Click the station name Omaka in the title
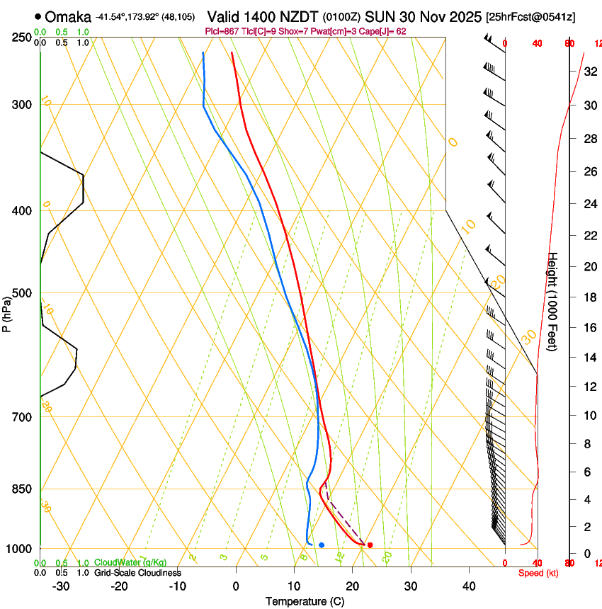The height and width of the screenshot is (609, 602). pyautogui.click(x=69, y=16)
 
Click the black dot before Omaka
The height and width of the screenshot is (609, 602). pyautogui.click(x=38, y=16)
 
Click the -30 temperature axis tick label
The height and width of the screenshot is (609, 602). pyautogui.click(x=61, y=586)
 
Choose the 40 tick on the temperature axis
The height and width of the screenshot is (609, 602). pyautogui.click(x=469, y=586)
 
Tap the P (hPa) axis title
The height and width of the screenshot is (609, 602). pyautogui.click(x=7, y=312)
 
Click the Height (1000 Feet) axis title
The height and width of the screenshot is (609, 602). pyautogui.click(x=553, y=302)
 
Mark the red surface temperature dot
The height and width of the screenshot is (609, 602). pyautogui.click(x=370, y=545)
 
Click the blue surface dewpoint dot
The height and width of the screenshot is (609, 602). pyautogui.click(x=322, y=545)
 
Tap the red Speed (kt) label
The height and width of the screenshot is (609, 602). pyautogui.click(x=538, y=572)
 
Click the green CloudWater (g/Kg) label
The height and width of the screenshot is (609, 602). pyautogui.click(x=130, y=563)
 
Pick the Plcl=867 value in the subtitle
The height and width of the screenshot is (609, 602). pyautogui.click(x=221, y=31)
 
